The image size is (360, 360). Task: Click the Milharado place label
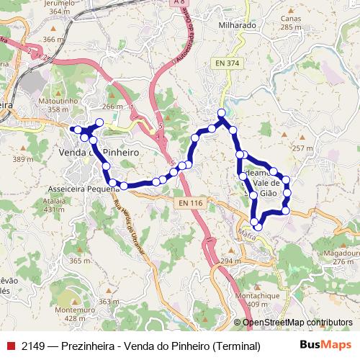pos(236,24)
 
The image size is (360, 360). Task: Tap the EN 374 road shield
pos(227,63)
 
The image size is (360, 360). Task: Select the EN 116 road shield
pos(188,204)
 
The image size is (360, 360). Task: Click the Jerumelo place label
pos(60,3)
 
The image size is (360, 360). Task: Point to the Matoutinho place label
pos(58,102)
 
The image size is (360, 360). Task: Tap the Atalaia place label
pos(54,201)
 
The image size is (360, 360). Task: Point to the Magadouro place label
pos(340,253)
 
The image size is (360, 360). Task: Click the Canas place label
pos(291,19)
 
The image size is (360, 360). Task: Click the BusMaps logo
pos(325,345)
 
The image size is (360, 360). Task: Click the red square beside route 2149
pos(10,346)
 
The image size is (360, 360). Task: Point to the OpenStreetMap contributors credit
pos(297,323)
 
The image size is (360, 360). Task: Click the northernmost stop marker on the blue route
pos(222,113)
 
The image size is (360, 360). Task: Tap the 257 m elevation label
pos(303,148)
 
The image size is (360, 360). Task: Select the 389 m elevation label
pos(23,159)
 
